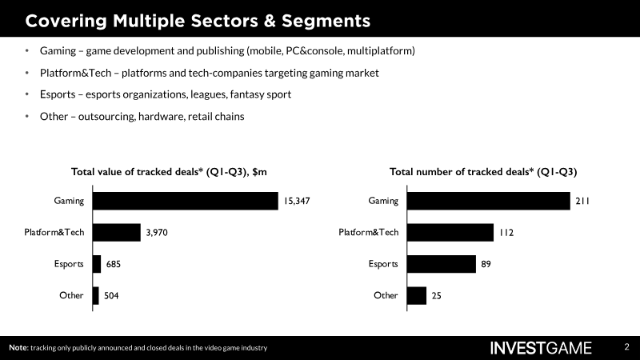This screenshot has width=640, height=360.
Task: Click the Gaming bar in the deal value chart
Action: tap(185, 201)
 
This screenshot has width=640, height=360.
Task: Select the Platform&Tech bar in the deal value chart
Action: tap(117, 233)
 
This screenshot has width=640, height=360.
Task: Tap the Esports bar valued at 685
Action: tap(97, 264)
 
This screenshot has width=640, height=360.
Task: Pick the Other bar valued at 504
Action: tap(96, 295)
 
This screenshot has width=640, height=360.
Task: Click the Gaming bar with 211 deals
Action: tap(487, 201)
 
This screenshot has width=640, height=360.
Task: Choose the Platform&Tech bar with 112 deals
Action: tap(450, 233)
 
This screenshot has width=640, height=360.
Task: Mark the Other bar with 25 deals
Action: tap(417, 295)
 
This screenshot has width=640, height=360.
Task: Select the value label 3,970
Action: tap(157, 233)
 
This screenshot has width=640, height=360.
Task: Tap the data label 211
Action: tap(582, 202)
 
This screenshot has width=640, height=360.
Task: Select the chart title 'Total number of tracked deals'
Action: tap(483, 171)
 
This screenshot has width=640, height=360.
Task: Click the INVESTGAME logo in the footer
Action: tap(541, 348)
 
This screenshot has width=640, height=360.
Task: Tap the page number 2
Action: tap(626, 347)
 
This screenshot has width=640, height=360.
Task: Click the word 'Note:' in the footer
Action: tap(18, 348)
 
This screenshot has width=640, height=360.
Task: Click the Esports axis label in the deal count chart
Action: tap(383, 264)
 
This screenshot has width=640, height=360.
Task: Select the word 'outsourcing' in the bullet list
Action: tap(103, 116)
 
